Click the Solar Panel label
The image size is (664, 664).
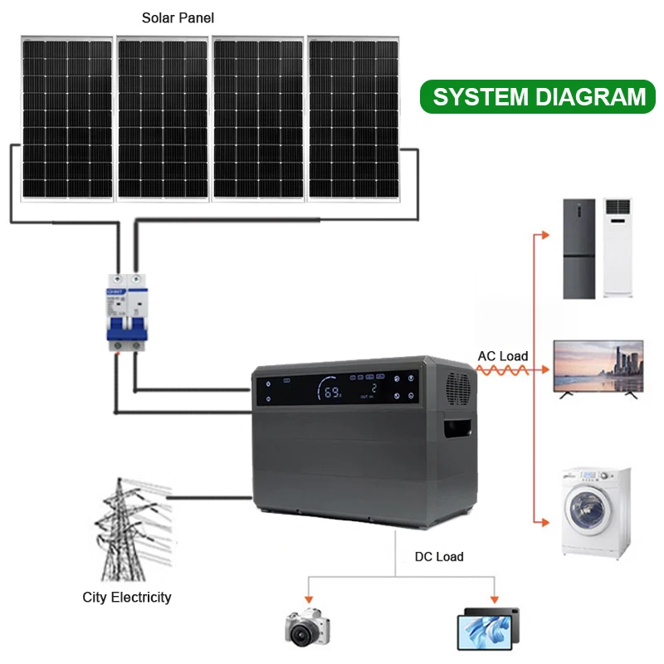coord(178,17)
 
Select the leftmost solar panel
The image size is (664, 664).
coord(67,118)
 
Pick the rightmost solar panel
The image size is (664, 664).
coord(354,118)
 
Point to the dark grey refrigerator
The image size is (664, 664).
coord(579,248)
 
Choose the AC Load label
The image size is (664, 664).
coord(503,356)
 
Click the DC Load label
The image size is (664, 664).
coord(439,556)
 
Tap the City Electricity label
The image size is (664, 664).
coord(127,597)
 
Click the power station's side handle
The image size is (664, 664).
coord(459,431)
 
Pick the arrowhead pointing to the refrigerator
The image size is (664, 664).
coord(544,236)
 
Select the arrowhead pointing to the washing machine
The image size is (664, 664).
coord(544,523)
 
